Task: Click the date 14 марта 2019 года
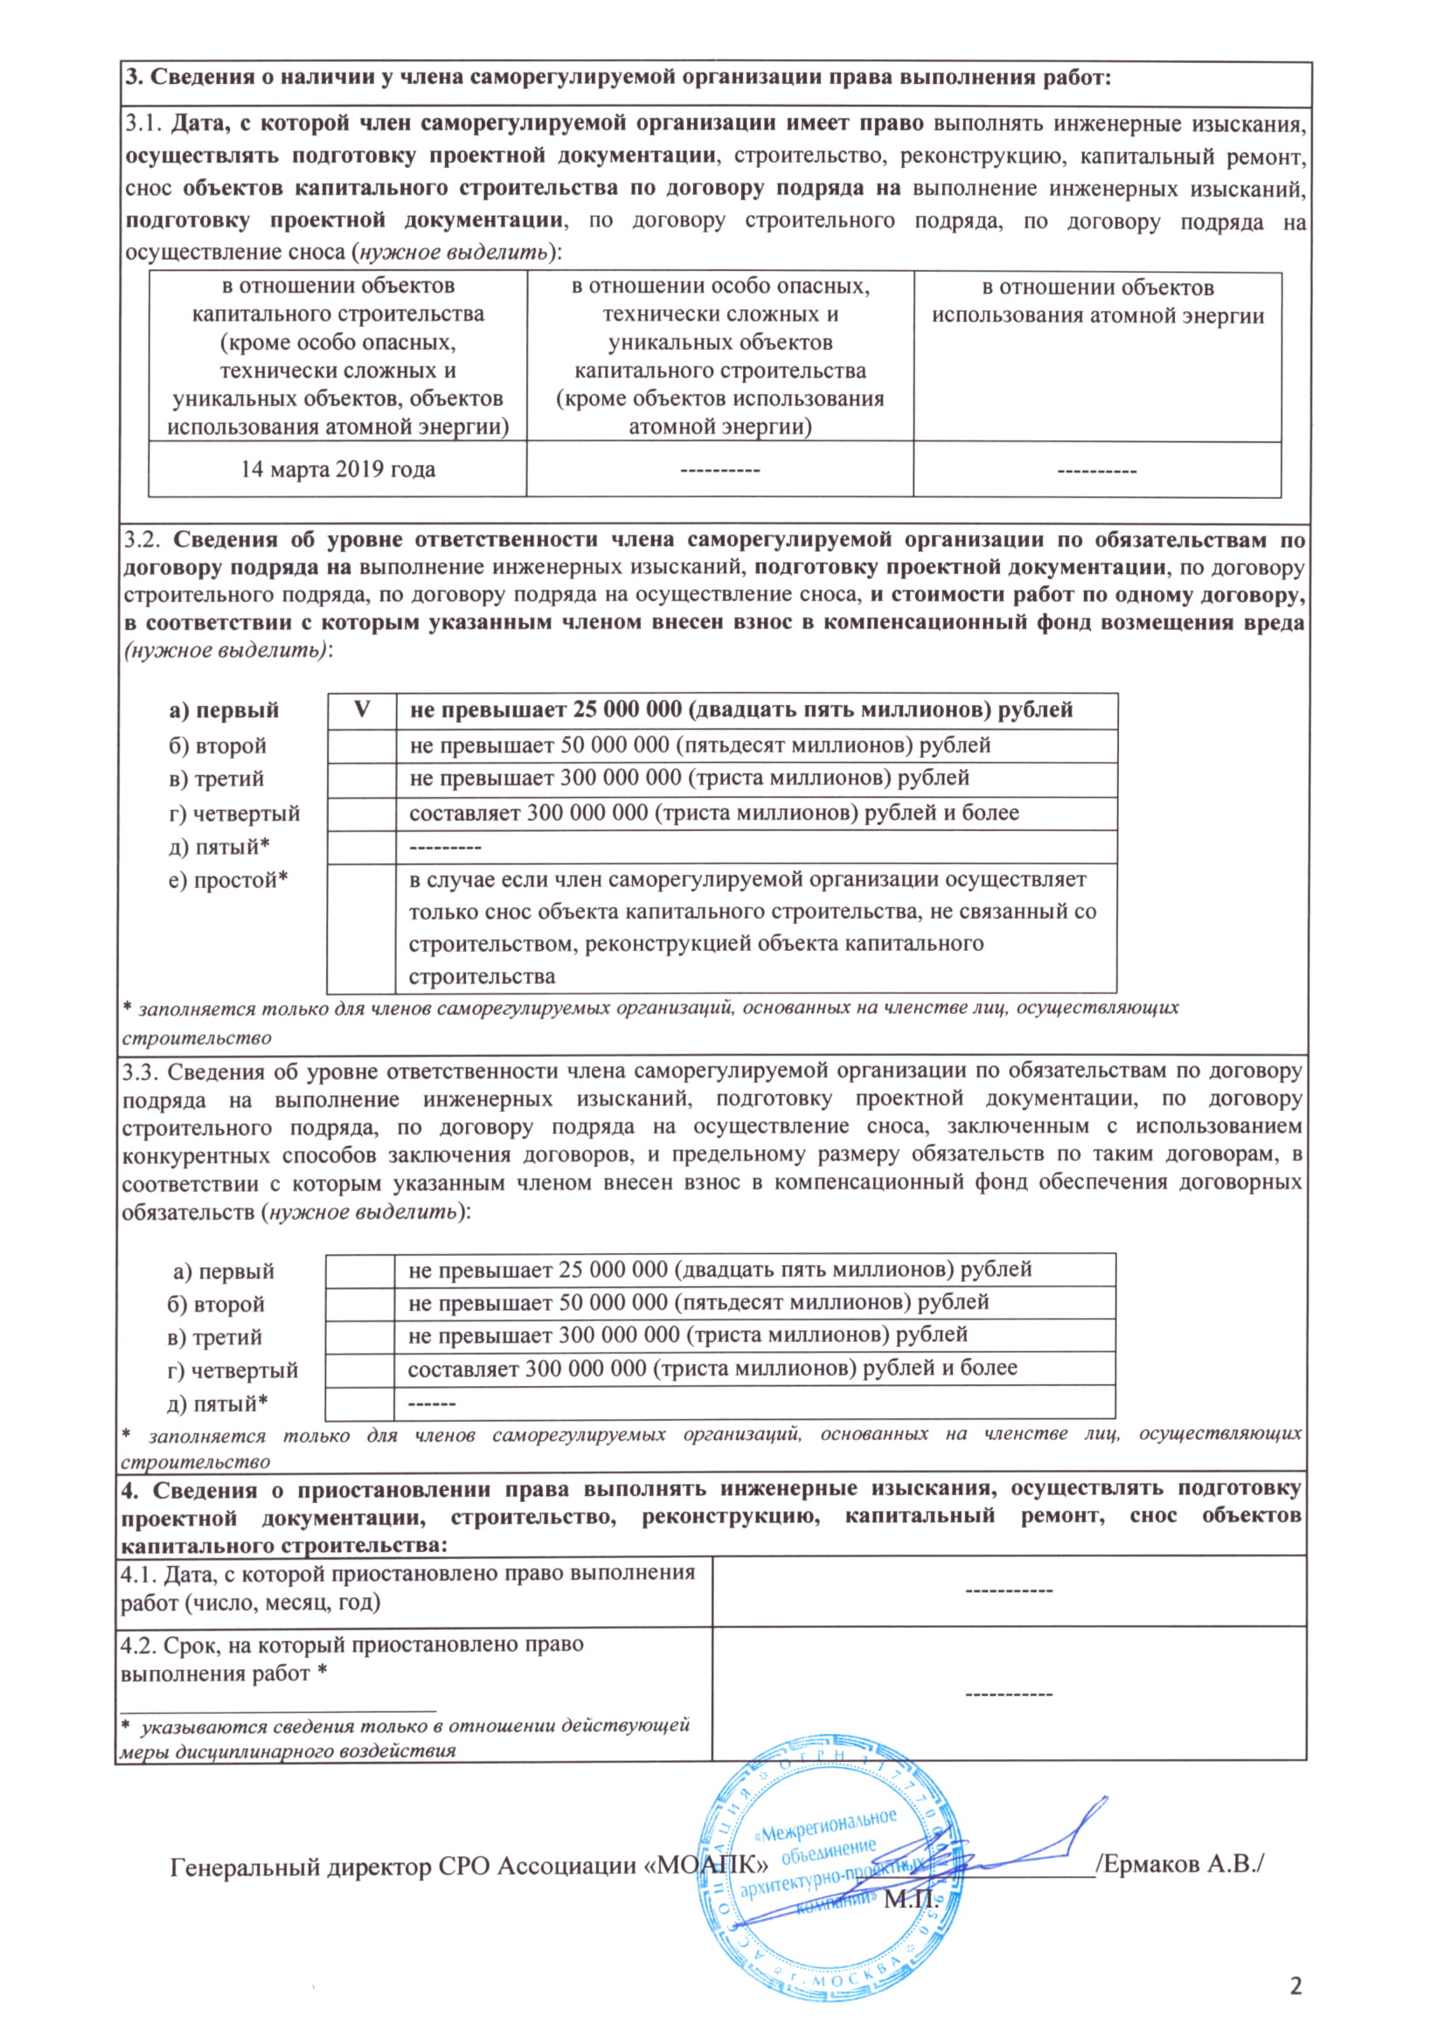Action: [337, 469]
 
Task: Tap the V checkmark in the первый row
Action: [362, 710]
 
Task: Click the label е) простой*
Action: [228, 881]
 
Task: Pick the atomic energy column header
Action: [1097, 301]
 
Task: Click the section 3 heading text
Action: [618, 78]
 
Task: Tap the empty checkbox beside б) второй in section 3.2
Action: [362, 745]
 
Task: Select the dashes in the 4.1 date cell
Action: [1009, 1590]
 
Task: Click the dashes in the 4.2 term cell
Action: [1009, 1694]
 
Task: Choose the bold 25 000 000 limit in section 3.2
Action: [740, 710]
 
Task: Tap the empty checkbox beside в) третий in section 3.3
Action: [359, 1336]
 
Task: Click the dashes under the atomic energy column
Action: [1097, 470]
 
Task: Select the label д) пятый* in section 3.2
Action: [219, 847]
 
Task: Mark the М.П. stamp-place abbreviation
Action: [910, 1900]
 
